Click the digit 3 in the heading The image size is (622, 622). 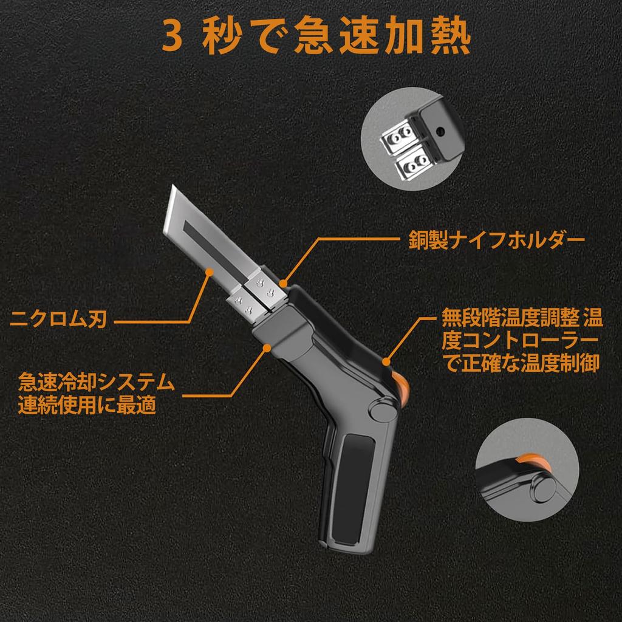(x=173, y=38)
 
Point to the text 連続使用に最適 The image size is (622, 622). (x=87, y=405)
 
